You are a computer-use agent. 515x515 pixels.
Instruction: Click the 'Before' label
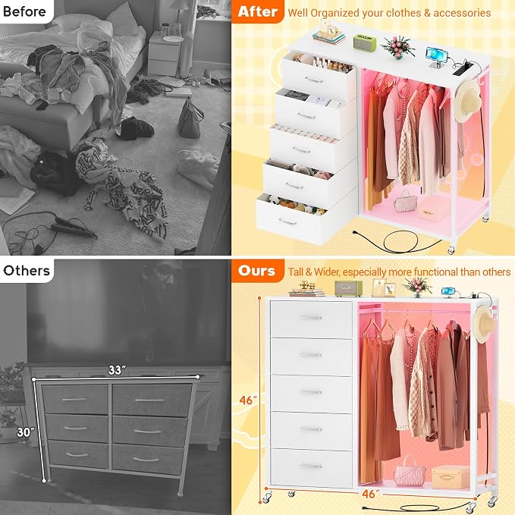coord(24,11)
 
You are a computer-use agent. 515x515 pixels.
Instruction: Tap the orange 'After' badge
coord(258,11)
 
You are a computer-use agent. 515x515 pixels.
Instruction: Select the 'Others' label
coord(27,271)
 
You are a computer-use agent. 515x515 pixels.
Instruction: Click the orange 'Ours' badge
coord(257,271)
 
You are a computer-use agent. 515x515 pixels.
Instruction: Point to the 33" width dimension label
coord(117,370)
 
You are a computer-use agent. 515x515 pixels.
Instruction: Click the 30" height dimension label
coord(26,432)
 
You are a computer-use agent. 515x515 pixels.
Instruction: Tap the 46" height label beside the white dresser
coord(248,400)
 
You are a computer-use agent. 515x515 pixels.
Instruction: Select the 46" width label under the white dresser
coord(371,494)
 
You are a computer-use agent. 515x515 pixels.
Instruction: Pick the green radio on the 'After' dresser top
coord(365,42)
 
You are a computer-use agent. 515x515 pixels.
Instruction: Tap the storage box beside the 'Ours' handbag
coord(451,476)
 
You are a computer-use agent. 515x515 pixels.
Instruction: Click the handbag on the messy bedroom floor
coord(190,118)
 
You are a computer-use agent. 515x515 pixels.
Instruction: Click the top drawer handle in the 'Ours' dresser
coord(311,318)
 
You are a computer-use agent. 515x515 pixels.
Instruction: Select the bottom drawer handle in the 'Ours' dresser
coord(311,466)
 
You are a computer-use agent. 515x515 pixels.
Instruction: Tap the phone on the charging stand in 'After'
coord(434,54)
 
